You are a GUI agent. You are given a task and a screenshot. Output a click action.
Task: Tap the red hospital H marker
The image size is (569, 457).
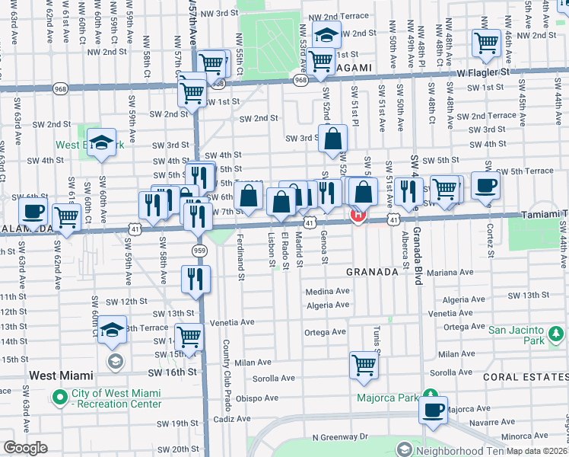[358, 216]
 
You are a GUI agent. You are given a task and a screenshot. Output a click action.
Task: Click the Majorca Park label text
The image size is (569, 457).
[388, 398]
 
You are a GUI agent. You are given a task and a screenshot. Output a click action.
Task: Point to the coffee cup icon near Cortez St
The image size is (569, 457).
[485, 185]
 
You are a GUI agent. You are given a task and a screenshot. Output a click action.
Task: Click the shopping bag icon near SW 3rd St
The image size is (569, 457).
[333, 139]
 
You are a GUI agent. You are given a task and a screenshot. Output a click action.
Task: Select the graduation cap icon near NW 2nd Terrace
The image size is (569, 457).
[326, 34]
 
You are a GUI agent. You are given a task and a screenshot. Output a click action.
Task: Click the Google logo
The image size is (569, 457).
[25, 448]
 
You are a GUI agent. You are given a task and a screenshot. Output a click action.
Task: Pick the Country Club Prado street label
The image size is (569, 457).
[227, 366]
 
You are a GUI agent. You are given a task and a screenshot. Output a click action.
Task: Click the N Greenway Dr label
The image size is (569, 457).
[339, 437]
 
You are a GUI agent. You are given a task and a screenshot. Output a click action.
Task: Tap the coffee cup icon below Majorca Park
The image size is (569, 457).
[433, 409]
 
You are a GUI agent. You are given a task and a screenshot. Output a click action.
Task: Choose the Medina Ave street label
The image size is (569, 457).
[327, 291]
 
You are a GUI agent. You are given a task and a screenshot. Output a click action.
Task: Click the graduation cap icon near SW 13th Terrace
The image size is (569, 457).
[113, 329]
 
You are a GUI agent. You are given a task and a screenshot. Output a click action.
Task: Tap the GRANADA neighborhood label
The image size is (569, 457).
[373, 272]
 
